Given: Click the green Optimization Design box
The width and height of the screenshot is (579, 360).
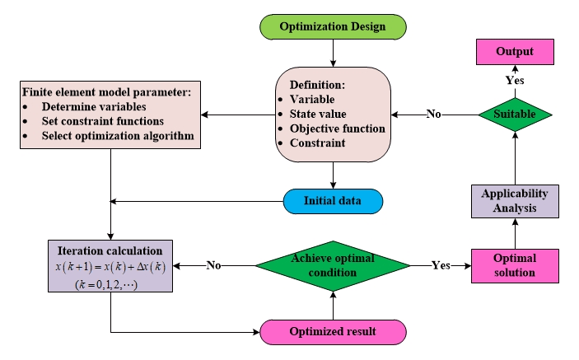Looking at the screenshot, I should coord(332,26).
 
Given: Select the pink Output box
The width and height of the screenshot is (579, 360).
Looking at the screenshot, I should coord(514,52).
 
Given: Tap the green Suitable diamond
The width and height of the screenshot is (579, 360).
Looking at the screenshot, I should coord(514,115).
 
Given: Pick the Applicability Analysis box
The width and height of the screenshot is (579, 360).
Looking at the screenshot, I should coord(514,200).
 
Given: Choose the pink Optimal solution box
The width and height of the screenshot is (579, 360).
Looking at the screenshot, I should coord(514,265).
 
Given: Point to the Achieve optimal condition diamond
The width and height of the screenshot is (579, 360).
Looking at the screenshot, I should coord(332,265).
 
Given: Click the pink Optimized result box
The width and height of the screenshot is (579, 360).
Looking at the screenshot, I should coord(332,331).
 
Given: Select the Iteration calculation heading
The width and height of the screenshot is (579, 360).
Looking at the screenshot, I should coord(110,250).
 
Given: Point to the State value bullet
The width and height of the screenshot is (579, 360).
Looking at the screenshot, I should coord(318,114).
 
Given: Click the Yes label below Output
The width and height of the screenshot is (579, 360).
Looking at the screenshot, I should coord(514,80).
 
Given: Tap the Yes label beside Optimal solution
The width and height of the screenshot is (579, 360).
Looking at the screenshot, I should coord(441,265).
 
